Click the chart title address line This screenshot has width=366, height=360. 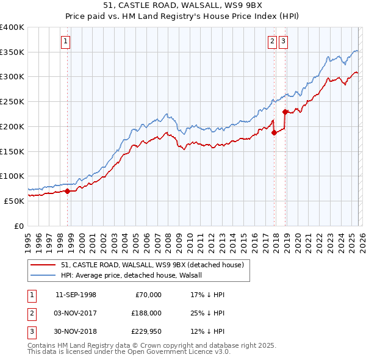[183, 5]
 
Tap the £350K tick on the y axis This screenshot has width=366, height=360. [12, 52]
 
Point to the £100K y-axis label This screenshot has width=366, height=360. [12, 176]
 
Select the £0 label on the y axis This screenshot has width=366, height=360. [18, 225]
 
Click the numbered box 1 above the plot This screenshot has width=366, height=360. [65, 41]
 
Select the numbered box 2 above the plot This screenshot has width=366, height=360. [271, 41]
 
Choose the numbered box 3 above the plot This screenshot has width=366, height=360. [284, 41]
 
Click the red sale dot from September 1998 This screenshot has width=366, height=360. [67, 191]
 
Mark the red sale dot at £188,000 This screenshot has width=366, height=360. [274, 132]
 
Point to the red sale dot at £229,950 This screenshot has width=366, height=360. [285, 112]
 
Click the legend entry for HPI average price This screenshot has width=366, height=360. [135, 275]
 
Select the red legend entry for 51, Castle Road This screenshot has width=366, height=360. [152, 265]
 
